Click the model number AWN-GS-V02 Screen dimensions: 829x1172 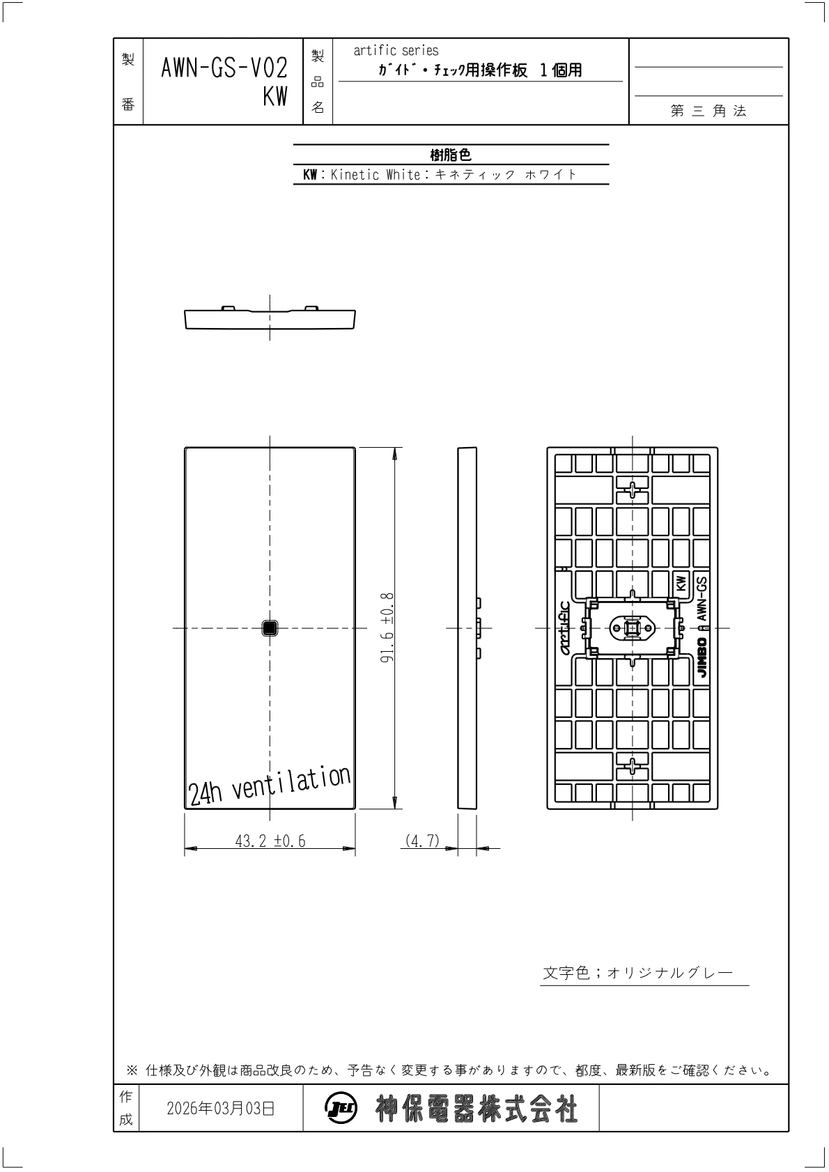[x=224, y=68]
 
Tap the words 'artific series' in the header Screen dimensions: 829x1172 [x=396, y=51]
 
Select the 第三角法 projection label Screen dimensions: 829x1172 [x=708, y=111]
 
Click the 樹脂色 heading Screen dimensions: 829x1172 [x=451, y=155]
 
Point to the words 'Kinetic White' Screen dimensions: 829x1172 [x=375, y=175]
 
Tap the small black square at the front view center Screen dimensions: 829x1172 [x=270, y=628]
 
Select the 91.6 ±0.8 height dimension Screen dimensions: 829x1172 [x=387, y=628]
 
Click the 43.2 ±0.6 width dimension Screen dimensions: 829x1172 [x=270, y=841]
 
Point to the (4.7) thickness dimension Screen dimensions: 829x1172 [x=422, y=841]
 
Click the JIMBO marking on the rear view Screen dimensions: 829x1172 [x=702, y=657]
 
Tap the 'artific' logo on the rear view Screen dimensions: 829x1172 [x=565, y=628]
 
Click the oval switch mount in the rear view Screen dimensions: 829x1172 [x=633, y=628]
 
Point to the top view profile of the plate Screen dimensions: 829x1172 [x=270, y=318]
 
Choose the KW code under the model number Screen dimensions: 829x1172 [x=275, y=97]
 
